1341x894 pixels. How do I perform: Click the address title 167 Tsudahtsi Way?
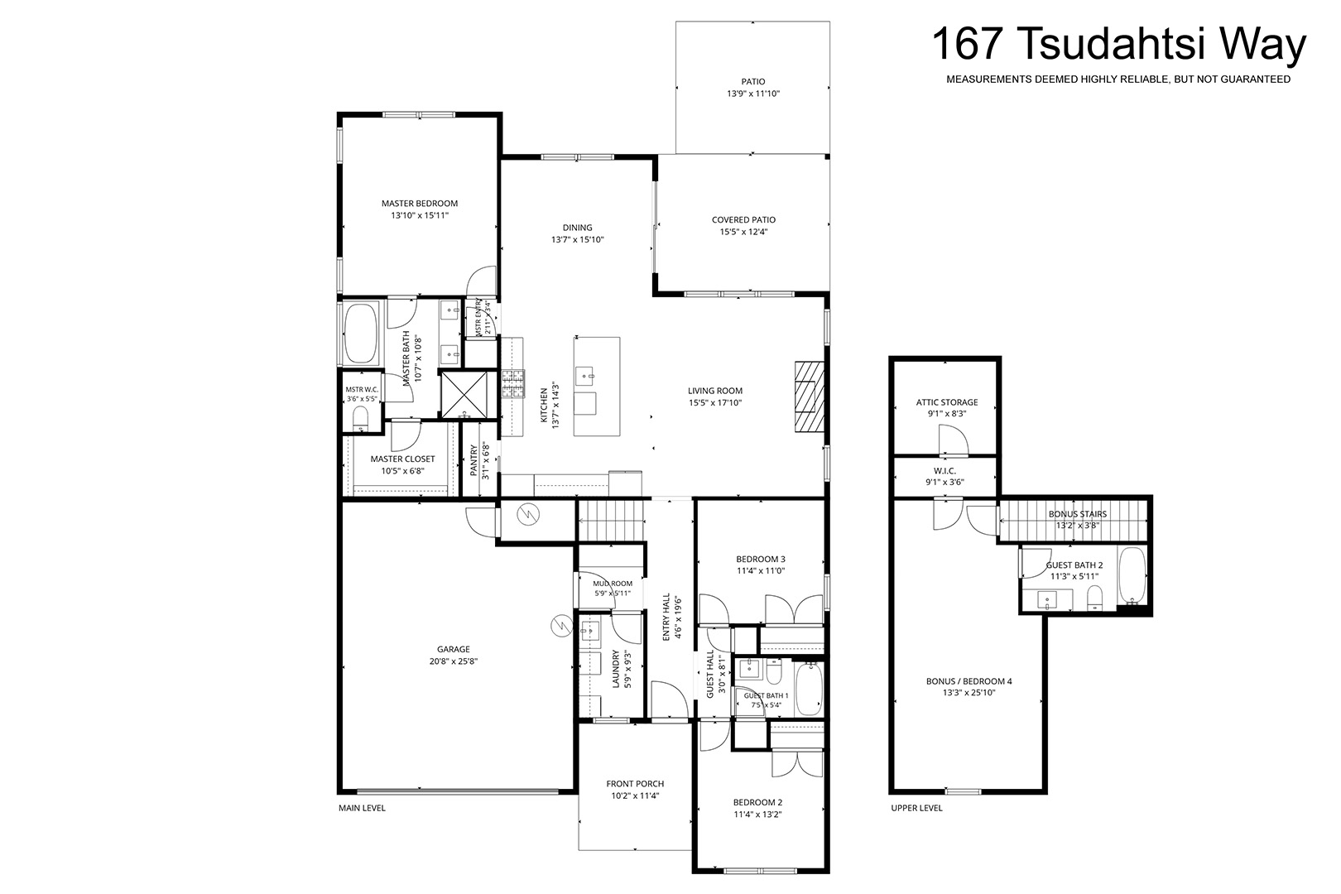tap(1119, 45)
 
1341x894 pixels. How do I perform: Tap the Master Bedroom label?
tap(420, 204)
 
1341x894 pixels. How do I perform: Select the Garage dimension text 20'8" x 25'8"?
tap(453, 661)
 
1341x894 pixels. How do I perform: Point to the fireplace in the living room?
tap(809, 397)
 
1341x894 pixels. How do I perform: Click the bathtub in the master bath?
tap(360, 334)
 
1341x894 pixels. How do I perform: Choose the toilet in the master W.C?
tap(360, 417)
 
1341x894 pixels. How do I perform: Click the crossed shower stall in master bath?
tap(464, 395)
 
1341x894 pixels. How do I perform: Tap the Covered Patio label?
tap(743, 219)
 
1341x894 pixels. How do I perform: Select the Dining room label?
tap(577, 228)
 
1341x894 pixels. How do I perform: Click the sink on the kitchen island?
tap(585, 376)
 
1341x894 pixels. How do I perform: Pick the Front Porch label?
tap(635, 784)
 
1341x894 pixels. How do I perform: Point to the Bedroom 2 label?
tap(758, 802)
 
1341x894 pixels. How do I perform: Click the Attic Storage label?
tap(947, 402)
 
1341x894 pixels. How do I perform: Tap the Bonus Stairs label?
tap(1078, 514)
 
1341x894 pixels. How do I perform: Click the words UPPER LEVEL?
tap(916, 808)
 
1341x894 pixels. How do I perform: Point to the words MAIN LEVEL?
tap(363, 808)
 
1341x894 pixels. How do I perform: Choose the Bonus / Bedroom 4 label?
tap(969, 680)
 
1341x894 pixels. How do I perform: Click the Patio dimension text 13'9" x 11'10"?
tap(753, 94)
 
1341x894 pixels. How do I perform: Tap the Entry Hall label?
tap(666, 618)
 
